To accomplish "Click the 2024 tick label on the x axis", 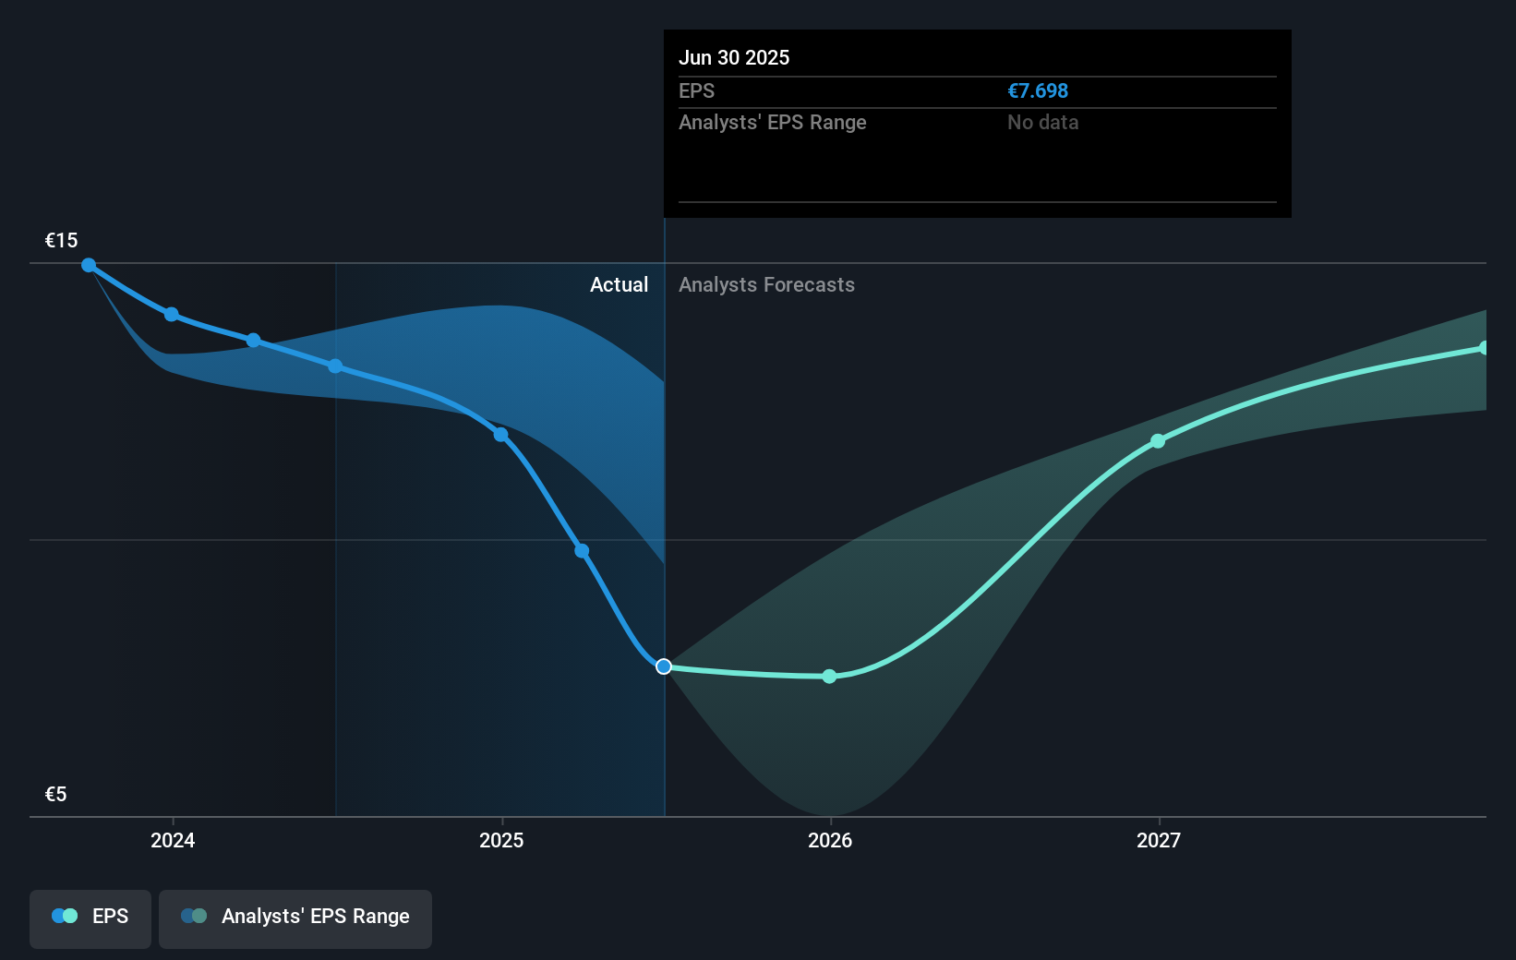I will (x=173, y=840).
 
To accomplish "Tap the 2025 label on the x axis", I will (x=501, y=840).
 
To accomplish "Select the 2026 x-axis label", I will (x=830, y=840).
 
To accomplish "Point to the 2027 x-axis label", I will (x=1159, y=840).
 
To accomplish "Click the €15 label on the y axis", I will (x=62, y=241).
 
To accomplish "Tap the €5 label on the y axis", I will (x=56, y=795).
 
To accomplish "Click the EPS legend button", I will (x=90, y=917).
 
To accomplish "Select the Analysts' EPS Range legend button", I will (x=295, y=917).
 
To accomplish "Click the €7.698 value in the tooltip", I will (x=1038, y=91).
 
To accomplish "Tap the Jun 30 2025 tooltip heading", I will (x=734, y=57).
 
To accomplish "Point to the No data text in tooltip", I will (x=1042, y=123).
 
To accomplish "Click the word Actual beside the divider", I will (x=619, y=285).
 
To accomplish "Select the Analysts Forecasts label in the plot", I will (x=766, y=285).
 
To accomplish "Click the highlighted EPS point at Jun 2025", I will (x=664, y=666).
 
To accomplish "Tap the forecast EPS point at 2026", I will (x=829, y=677).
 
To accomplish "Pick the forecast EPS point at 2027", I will (x=1158, y=441).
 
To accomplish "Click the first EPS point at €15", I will (x=89, y=265).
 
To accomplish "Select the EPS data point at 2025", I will (x=500, y=435).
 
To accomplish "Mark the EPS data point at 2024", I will (x=172, y=315).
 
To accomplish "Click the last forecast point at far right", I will (x=1484, y=348).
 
